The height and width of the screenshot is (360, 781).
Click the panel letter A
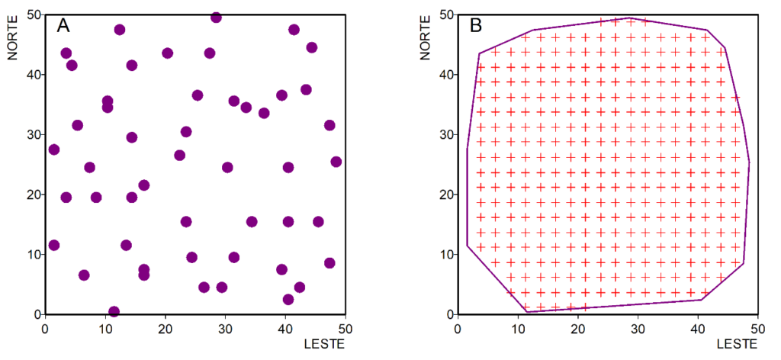pyautogui.click(x=64, y=26)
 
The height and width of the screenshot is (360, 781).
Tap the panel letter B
pyautogui.click(x=476, y=26)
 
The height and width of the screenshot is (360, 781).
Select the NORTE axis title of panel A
pyautogui.click(x=13, y=35)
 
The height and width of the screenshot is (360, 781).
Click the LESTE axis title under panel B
pyautogui.click(x=738, y=344)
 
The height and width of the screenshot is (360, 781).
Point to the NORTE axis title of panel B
pyautogui.click(x=426, y=35)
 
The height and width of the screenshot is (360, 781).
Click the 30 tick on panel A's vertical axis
pyautogui.click(x=31, y=134)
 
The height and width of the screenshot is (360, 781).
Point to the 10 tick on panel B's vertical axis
pyautogui.click(x=444, y=254)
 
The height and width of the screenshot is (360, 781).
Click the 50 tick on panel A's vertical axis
pyautogui.click(x=31, y=14)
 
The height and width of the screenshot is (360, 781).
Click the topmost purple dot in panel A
pyautogui.click(x=216, y=18)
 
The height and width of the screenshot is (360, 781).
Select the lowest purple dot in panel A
pyautogui.click(x=114, y=311)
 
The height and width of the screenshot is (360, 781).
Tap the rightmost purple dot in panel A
pyautogui.click(x=336, y=162)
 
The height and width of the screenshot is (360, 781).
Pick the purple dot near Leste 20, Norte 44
pyautogui.click(x=167, y=53)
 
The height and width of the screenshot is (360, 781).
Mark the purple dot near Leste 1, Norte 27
pyautogui.click(x=53, y=149)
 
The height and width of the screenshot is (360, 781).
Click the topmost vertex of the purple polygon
pyautogui.click(x=628, y=18)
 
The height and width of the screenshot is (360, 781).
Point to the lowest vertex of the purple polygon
pyautogui.click(x=526, y=311)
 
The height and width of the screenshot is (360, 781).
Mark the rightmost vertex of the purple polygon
pyautogui.click(x=749, y=162)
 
